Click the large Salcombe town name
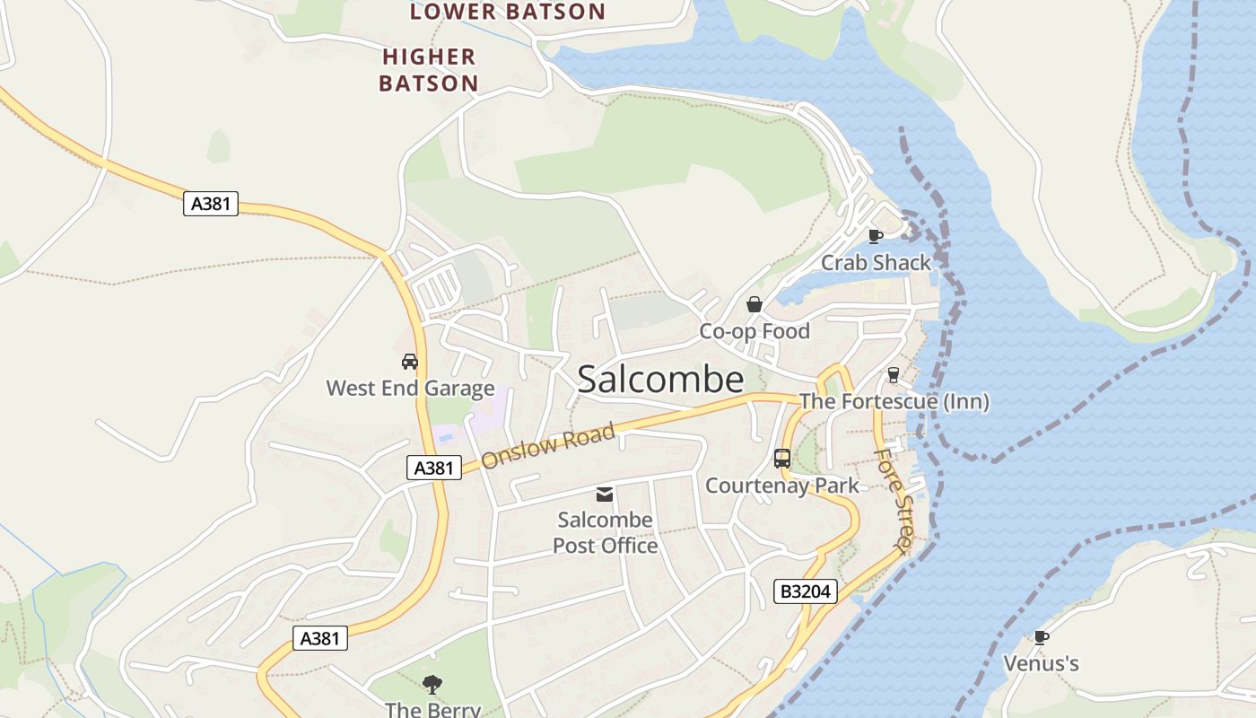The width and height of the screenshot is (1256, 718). tap(660, 380)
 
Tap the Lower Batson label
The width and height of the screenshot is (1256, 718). tap(508, 12)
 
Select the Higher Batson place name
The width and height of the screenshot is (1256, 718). tap(429, 70)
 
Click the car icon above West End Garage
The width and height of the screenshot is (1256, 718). tap(410, 362)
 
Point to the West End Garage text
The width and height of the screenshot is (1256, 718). tap(410, 389)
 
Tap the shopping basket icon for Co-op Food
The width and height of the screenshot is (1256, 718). tap(754, 304)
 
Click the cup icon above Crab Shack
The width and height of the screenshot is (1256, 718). tap(876, 236)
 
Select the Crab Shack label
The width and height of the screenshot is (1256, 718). tap(876, 263)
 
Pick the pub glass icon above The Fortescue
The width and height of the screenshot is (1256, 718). tap(893, 375)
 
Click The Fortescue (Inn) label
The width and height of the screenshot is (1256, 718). tap(894, 401)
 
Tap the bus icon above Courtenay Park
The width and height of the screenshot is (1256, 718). tap(782, 459)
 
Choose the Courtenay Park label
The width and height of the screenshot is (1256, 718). tap(781, 486)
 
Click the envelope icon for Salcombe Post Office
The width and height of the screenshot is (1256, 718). tap(605, 494)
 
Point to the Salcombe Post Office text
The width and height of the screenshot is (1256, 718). tap(605, 532)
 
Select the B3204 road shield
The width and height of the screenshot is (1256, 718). tap(806, 591)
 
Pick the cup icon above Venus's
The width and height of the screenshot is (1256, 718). tap(1041, 637)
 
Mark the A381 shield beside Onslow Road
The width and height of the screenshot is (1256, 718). tap(434, 468)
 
